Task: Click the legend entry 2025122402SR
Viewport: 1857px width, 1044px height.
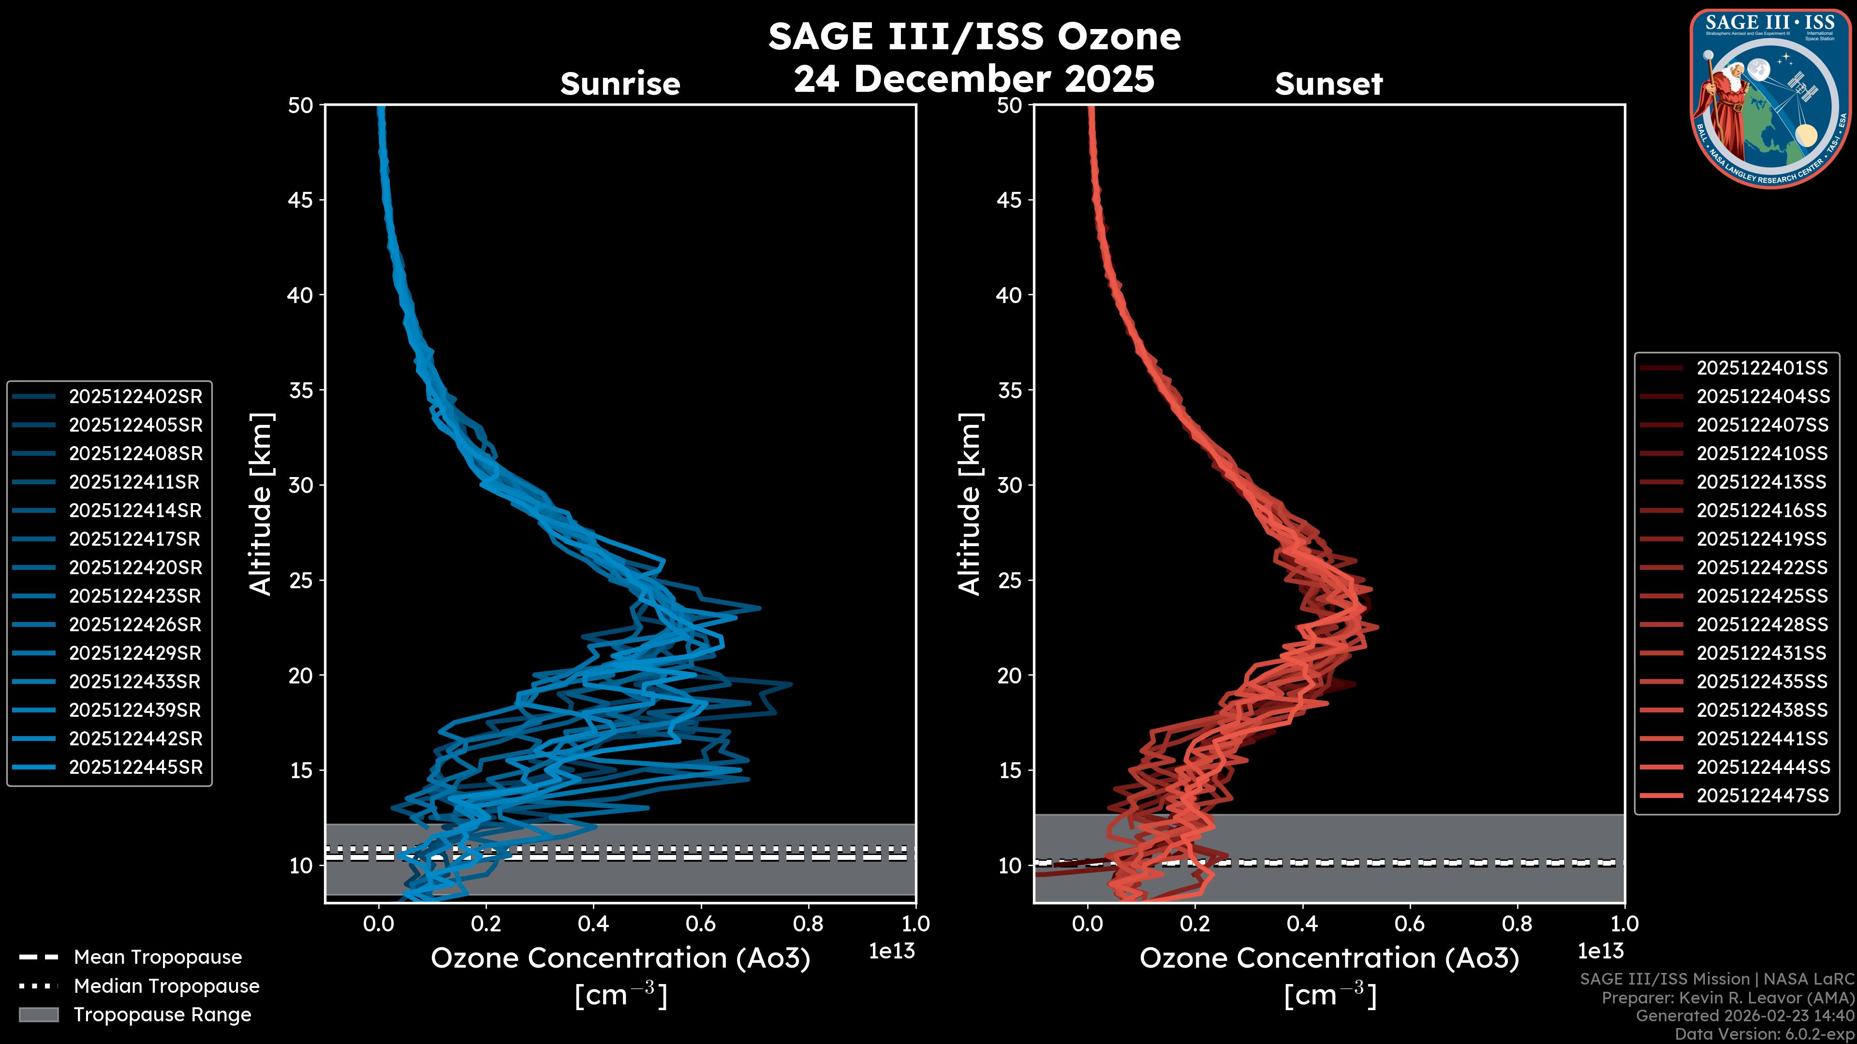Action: click(x=135, y=396)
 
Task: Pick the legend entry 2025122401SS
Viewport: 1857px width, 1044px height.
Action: click(x=1762, y=368)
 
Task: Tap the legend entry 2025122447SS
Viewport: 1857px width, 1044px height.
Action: click(x=1762, y=796)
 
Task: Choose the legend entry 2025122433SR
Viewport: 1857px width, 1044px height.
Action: click(x=135, y=681)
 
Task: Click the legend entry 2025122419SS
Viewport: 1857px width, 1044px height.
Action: click(x=1762, y=539)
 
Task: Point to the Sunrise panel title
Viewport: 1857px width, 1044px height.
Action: click(x=620, y=84)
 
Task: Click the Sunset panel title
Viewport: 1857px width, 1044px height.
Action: click(x=1328, y=84)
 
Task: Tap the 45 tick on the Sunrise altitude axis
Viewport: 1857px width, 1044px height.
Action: click(x=301, y=200)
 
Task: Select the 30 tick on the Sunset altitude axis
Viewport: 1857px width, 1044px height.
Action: click(x=1009, y=485)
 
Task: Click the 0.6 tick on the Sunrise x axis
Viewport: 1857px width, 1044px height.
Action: click(x=701, y=924)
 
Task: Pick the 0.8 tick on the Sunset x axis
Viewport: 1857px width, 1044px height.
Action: click(x=1518, y=924)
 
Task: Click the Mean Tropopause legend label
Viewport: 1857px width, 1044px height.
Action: click(x=158, y=957)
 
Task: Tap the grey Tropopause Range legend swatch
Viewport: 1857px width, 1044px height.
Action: click(x=38, y=1015)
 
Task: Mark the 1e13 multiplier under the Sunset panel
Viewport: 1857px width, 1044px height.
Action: click(x=1600, y=951)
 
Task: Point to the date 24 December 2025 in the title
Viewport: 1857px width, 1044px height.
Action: click(x=974, y=78)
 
